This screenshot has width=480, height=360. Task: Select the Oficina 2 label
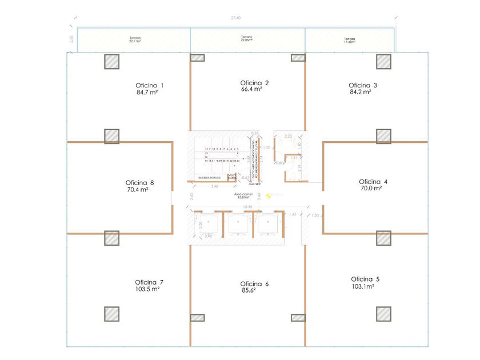(254, 83)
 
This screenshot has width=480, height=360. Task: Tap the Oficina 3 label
(363, 85)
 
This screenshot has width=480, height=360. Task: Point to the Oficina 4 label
(373, 182)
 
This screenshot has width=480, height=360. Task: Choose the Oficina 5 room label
(365, 279)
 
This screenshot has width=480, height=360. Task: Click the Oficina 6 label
(254, 283)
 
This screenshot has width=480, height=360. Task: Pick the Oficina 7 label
(149, 282)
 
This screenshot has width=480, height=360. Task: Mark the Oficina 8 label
(139, 183)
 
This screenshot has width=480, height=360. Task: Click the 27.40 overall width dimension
(235, 18)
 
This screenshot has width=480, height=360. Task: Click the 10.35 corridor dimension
(247, 206)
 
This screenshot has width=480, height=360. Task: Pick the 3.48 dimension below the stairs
(214, 186)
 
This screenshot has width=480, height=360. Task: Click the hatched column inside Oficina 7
(112, 314)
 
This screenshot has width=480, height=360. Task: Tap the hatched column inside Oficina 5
(383, 314)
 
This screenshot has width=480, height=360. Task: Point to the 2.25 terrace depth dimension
(71, 39)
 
